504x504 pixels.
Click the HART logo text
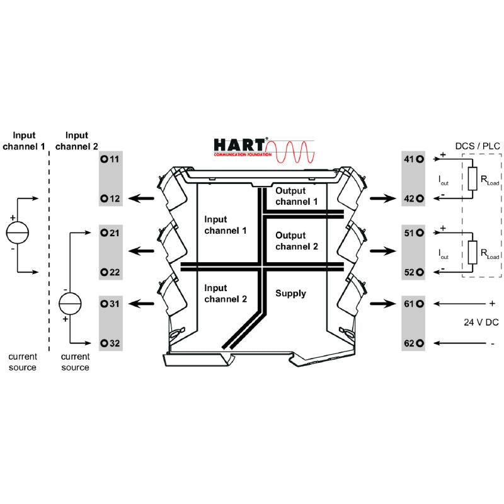pyautogui.click(x=240, y=145)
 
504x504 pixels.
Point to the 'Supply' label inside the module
pyautogui.click(x=290, y=293)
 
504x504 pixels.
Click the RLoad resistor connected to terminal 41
pyautogui.click(x=471, y=179)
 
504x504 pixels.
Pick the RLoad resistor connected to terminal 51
pyautogui.click(x=471, y=252)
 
